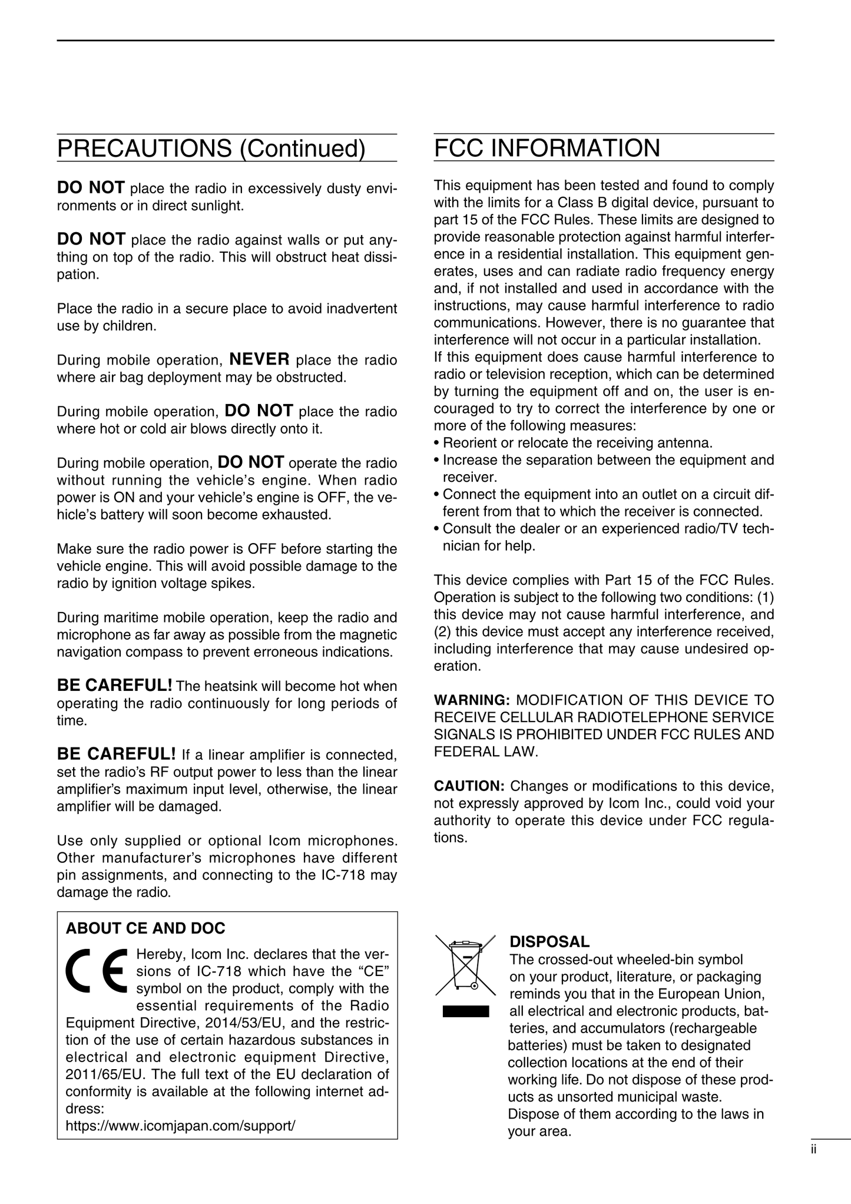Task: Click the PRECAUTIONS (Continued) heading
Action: pyautogui.click(x=211, y=148)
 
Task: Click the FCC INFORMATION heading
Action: pyautogui.click(x=547, y=148)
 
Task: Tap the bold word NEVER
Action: pyautogui.click(x=259, y=359)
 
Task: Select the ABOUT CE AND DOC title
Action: pyautogui.click(x=145, y=929)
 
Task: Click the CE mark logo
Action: pyautogui.click(x=98, y=970)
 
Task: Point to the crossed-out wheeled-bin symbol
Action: pyautogui.click(x=465, y=964)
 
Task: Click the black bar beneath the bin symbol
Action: pyautogui.click(x=466, y=1012)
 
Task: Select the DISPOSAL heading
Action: pyautogui.click(x=549, y=942)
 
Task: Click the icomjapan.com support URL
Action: pyautogui.click(x=180, y=1126)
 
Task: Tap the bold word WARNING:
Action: pyautogui.click(x=472, y=700)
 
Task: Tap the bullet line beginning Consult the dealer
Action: pyautogui.click(x=604, y=529)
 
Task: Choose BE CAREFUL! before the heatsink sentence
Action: pyautogui.click(x=114, y=686)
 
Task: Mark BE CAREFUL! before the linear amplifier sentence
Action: pyautogui.click(x=116, y=754)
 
